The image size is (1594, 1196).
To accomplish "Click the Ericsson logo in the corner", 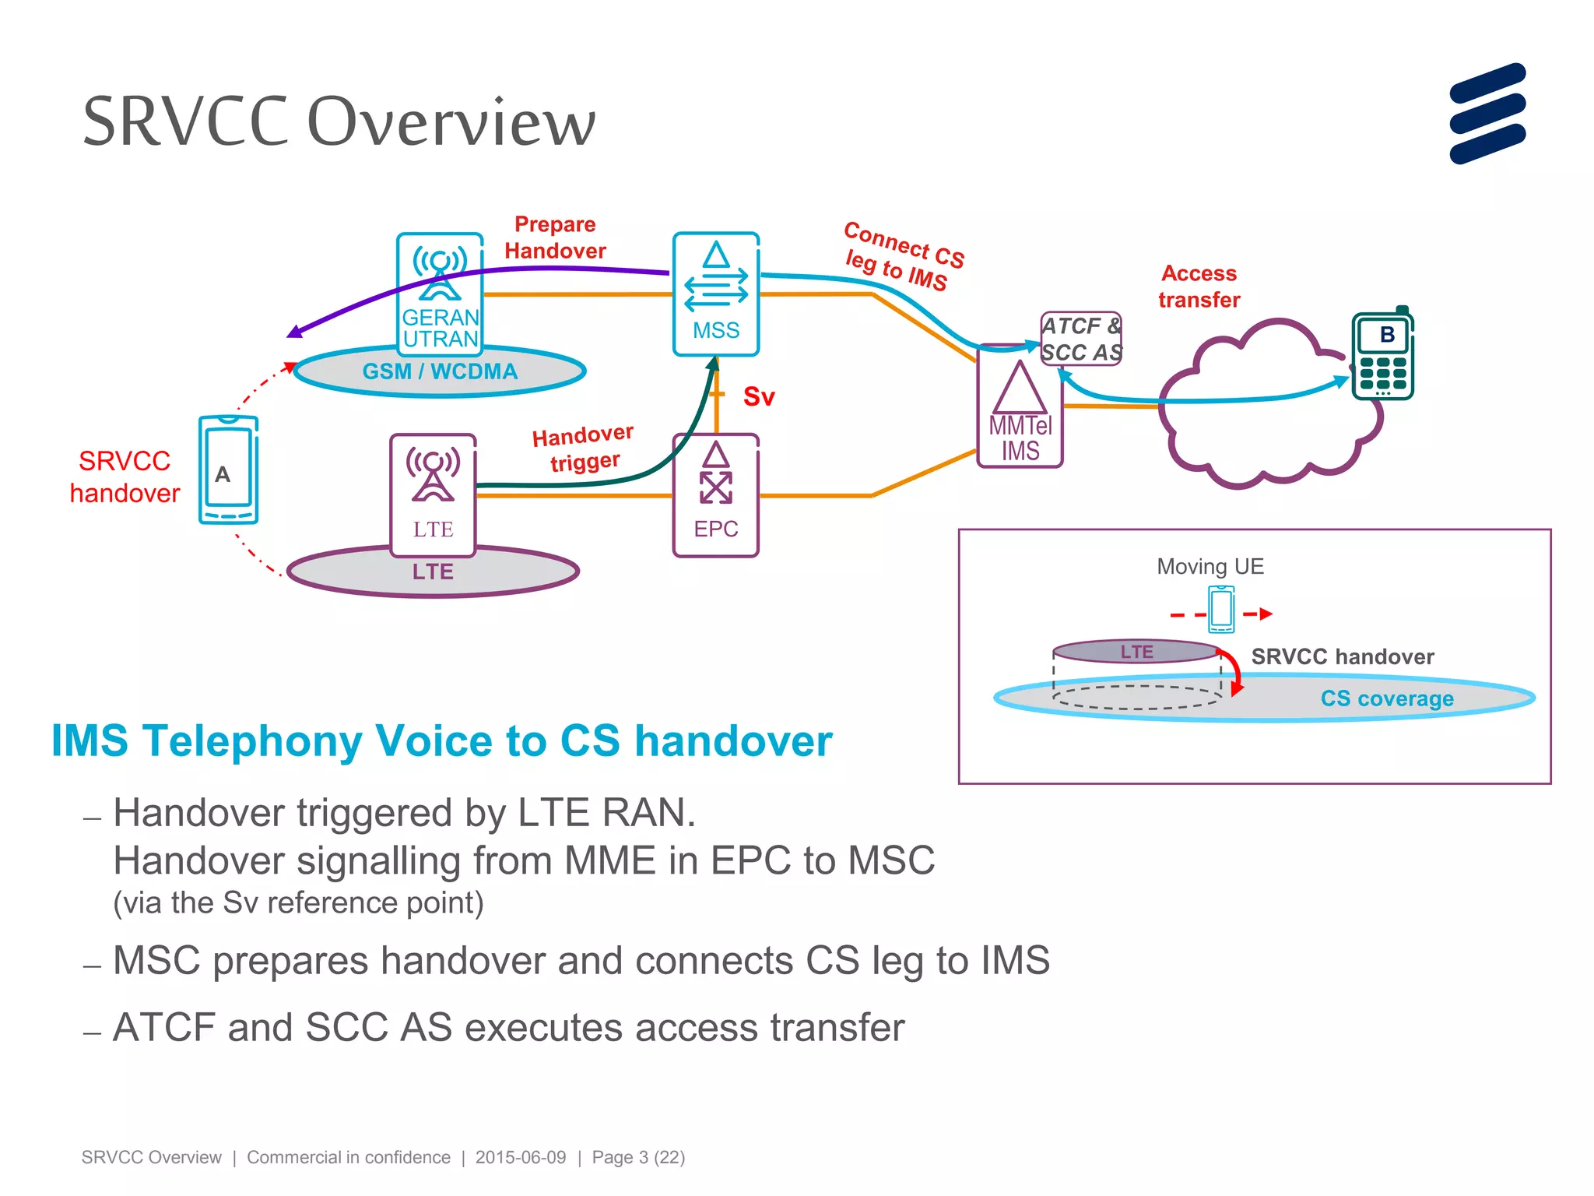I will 1487,114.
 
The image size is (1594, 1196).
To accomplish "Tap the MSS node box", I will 715,294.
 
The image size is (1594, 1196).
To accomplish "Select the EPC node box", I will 715,495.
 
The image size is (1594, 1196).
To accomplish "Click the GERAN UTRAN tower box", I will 440,293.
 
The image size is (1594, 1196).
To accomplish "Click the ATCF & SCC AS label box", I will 1081,339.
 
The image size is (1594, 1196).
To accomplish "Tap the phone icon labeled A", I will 228,470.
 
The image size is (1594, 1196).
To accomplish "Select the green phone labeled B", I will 1383,355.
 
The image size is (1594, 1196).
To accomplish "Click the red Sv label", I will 759,396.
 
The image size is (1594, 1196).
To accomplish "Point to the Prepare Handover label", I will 554,237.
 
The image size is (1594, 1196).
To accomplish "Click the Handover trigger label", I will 584,448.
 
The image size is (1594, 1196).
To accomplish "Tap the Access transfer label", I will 1199,287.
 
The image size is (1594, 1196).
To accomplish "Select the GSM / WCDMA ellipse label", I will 440,371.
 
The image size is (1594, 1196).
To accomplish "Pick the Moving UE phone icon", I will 1221,609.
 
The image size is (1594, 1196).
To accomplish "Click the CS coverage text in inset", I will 1386,698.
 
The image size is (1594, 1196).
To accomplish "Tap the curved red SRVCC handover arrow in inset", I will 1232,670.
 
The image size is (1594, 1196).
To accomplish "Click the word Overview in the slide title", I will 451,122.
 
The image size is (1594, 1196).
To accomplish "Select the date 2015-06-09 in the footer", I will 521,1157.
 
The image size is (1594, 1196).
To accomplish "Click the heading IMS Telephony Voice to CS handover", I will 441,740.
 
